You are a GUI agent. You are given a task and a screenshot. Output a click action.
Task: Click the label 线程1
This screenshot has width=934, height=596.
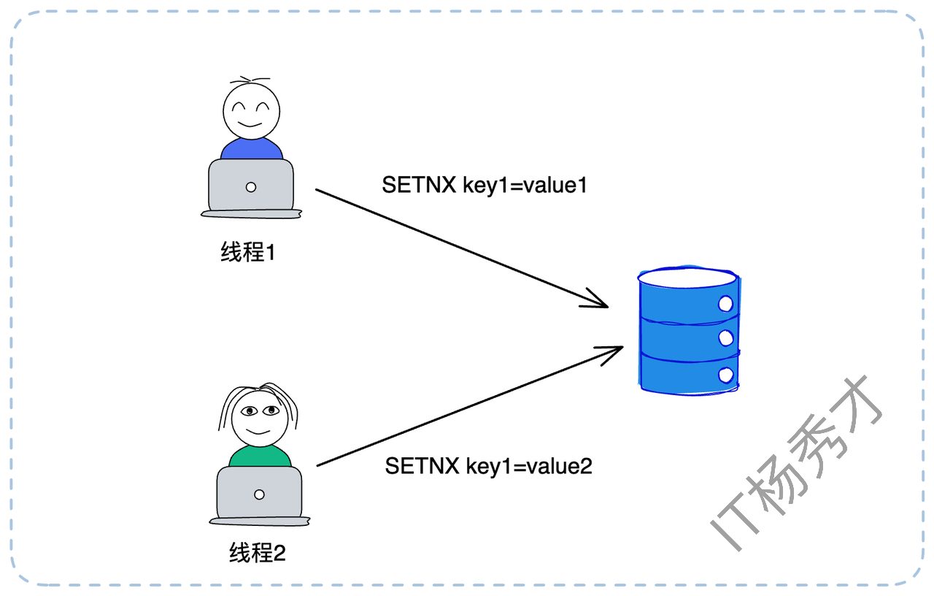tap(247, 253)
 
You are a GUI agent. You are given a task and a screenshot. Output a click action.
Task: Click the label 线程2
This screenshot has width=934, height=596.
tap(257, 553)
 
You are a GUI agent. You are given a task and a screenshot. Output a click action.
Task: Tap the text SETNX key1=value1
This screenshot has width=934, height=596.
tap(485, 186)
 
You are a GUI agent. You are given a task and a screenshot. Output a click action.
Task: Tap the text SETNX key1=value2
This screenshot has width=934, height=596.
tap(488, 465)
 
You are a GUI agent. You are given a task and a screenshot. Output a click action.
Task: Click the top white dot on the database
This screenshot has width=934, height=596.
tap(725, 302)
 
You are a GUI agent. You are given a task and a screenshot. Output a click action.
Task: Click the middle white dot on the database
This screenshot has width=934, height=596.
tap(725, 337)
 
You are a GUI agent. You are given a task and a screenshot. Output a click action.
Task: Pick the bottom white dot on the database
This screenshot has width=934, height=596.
tap(725, 375)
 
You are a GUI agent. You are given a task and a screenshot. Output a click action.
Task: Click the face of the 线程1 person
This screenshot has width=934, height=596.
tap(250, 111)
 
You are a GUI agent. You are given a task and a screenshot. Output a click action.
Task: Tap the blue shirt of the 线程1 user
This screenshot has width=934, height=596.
tap(251, 149)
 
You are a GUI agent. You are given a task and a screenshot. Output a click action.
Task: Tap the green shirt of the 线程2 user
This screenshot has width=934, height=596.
tap(260, 456)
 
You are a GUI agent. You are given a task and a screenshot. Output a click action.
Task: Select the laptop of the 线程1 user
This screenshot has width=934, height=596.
tap(251, 187)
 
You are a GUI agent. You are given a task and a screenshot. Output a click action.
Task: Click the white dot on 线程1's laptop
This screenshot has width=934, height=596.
tap(251, 187)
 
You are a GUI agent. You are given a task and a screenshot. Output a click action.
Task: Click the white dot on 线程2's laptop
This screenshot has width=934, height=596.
tap(259, 494)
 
